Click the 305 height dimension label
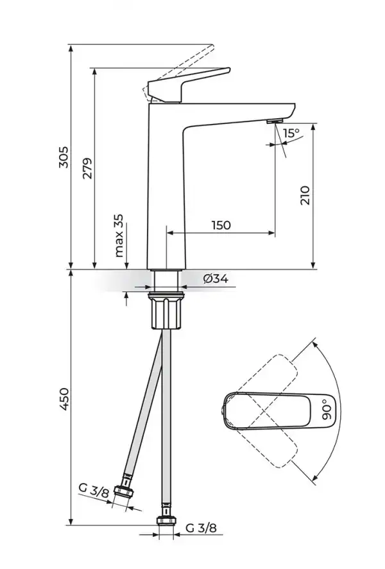click(x=64, y=157)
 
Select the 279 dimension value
click(x=87, y=168)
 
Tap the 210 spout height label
click(x=305, y=195)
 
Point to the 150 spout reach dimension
click(x=221, y=225)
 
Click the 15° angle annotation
click(x=291, y=133)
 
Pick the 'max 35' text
click(x=119, y=236)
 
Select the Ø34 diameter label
click(x=216, y=279)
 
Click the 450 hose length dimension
click(x=64, y=399)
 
